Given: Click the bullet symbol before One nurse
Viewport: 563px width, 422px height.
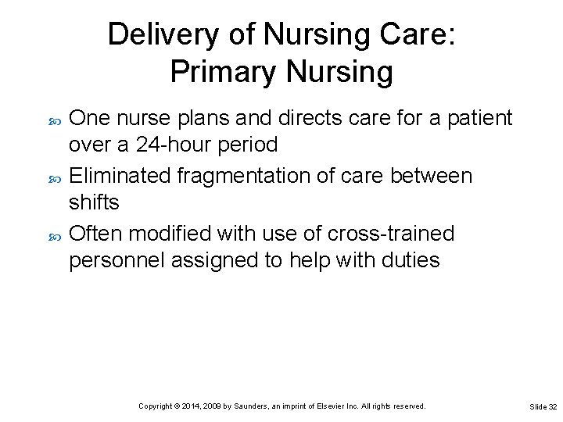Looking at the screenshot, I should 55,119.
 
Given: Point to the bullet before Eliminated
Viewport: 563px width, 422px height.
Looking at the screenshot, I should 55,177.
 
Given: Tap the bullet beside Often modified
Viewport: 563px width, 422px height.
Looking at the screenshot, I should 55,234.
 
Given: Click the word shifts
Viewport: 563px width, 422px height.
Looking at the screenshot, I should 94,202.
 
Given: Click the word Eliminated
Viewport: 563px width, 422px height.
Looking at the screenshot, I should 120,176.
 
